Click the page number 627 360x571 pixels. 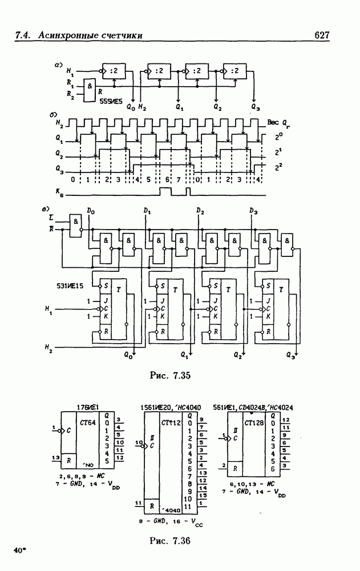click(323, 36)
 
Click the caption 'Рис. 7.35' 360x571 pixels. click(169, 376)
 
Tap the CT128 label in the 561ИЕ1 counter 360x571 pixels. click(254, 424)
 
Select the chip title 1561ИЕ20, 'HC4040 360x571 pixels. click(170, 407)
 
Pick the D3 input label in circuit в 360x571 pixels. click(252, 212)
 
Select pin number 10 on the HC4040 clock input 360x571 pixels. click(139, 443)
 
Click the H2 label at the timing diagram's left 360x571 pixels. click(59, 123)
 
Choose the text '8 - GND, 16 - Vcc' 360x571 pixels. click(170, 521)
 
